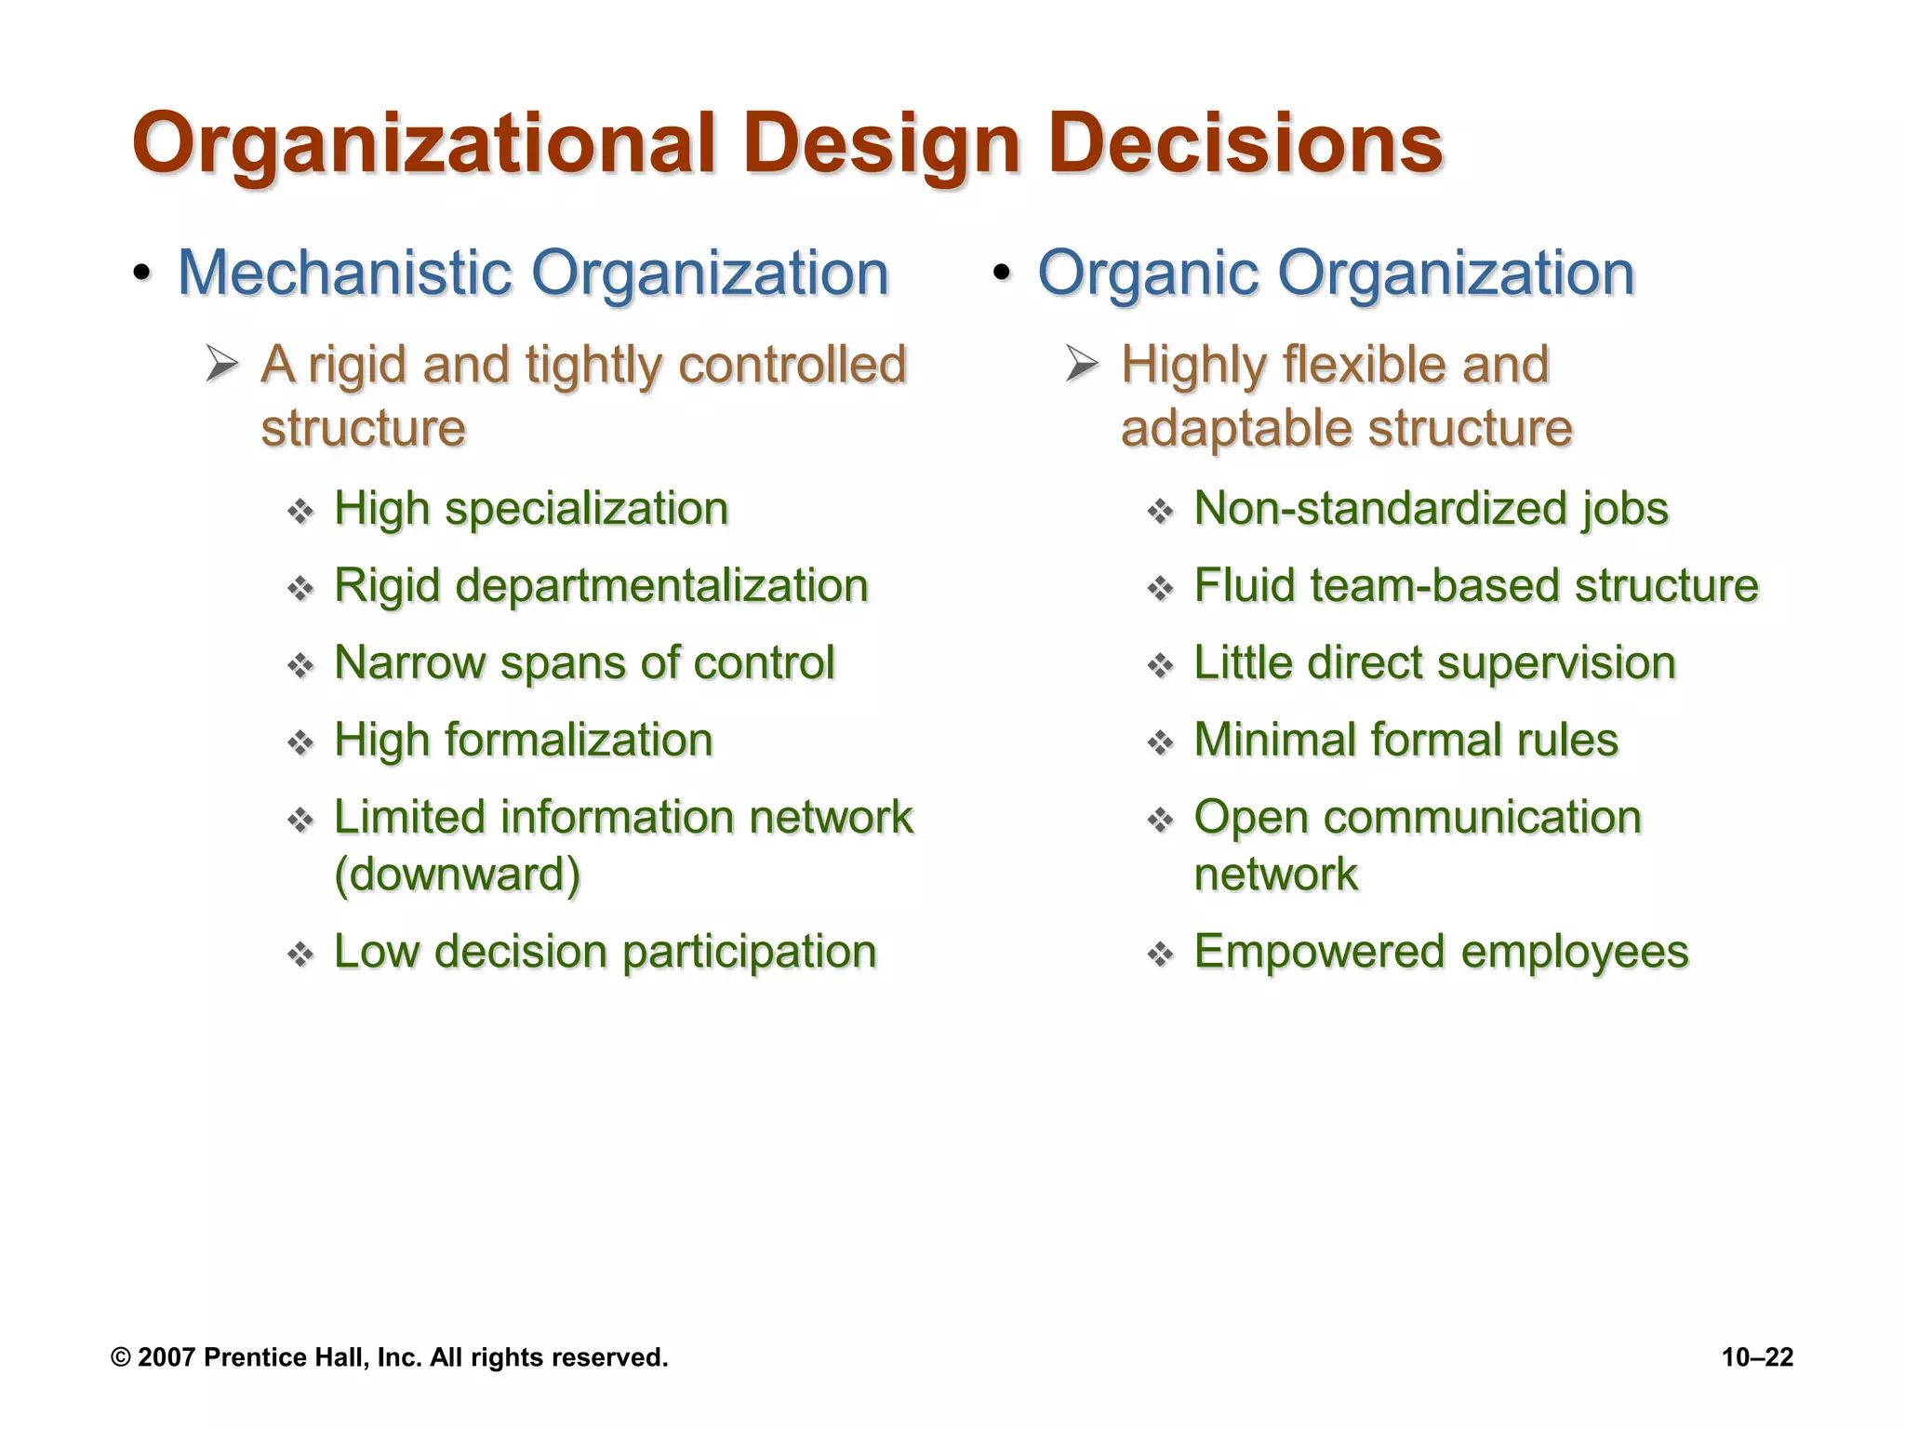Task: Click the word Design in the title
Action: (x=881, y=145)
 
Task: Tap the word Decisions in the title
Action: (x=1246, y=145)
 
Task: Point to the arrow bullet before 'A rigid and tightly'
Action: (x=223, y=364)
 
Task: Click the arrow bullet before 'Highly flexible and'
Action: (x=1083, y=364)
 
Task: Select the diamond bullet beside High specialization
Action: (x=300, y=512)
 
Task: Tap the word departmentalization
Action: (x=661, y=586)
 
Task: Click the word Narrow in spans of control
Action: (x=408, y=663)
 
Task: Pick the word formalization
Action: (x=579, y=741)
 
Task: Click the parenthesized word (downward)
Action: (x=457, y=875)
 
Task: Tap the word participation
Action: (x=749, y=952)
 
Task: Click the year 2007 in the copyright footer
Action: (x=167, y=1358)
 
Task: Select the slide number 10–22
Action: (x=1757, y=1358)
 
